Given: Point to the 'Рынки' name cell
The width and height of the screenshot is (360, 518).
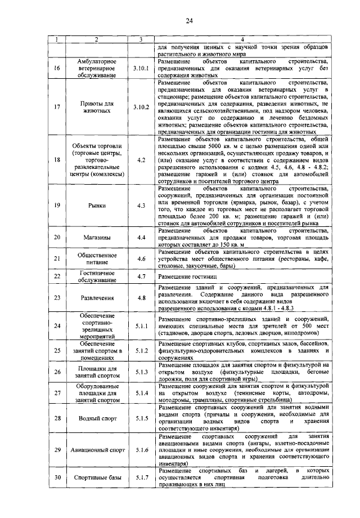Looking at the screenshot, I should click(97, 206).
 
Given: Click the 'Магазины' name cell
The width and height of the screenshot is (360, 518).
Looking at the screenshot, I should click(97, 238).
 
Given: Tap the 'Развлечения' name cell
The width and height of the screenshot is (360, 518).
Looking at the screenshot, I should click(97, 298).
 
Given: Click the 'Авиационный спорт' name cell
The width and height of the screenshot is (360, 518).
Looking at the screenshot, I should click(97, 450).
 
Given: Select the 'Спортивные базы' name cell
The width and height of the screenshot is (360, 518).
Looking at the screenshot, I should click(97, 478).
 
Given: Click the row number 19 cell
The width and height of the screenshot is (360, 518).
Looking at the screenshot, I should click(57, 206).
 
